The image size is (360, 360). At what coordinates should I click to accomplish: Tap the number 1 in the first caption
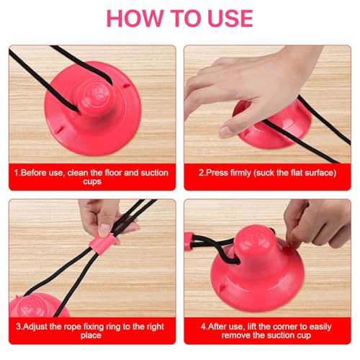pos(16,173)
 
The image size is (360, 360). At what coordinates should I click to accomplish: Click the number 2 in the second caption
pos(201,173)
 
